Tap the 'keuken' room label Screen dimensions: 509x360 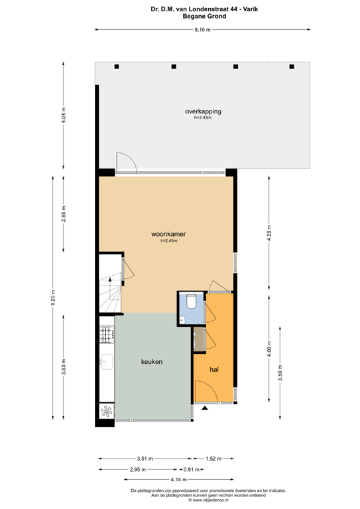tap(152, 361)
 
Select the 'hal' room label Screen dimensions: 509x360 tap(214, 369)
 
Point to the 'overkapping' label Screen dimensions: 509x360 tap(203, 111)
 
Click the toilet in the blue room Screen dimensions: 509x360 tap(190, 302)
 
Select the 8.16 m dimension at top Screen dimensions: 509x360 tap(203, 30)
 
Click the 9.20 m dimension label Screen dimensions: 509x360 tap(53, 300)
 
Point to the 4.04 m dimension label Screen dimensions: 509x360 tap(64, 117)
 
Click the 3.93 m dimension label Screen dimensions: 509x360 tap(64, 367)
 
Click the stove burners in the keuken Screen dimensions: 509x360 tap(105, 337)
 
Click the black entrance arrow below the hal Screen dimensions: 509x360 tap(204, 408)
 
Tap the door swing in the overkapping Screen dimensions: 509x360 tap(126, 161)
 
